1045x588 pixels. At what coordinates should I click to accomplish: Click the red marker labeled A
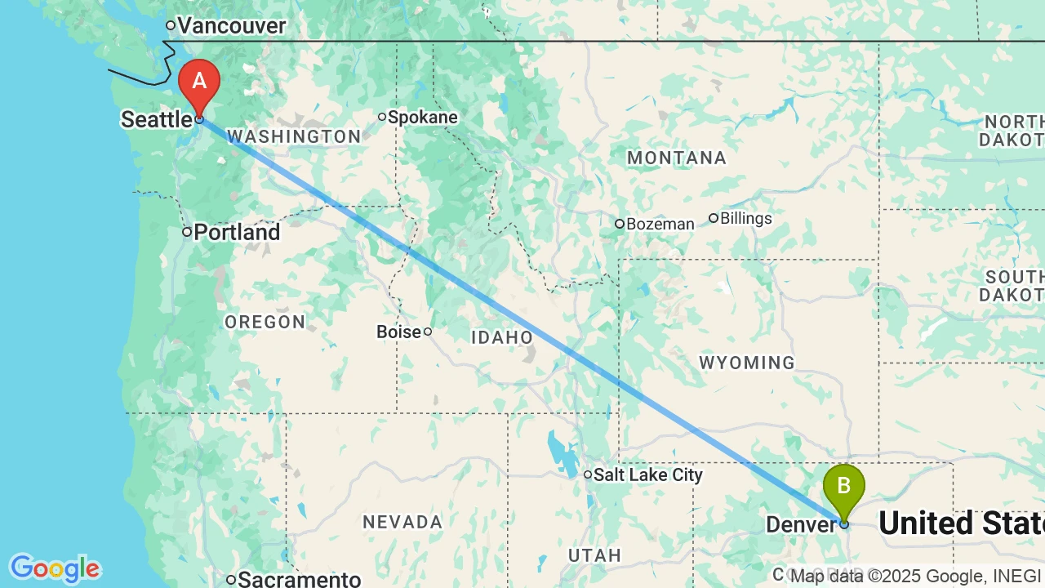[x=199, y=82]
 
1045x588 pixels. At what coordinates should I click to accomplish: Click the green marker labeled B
[x=843, y=487]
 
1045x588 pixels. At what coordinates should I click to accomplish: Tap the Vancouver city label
[x=231, y=26]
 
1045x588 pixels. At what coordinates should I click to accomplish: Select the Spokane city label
[x=422, y=118]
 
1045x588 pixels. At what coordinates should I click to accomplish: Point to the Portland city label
[x=236, y=233]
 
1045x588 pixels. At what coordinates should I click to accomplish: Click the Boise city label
[x=398, y=332]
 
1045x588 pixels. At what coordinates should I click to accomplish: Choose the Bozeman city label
[x=660, y=224]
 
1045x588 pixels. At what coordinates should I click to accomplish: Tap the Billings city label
[x=745, y=219]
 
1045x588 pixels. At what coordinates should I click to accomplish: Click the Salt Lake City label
[x=647, y=474]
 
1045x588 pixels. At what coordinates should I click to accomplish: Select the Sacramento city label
[x=299, y=580]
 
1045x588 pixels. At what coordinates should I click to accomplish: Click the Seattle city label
[x=157, y=120]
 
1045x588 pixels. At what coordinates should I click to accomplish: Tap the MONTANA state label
[x=677, y=158]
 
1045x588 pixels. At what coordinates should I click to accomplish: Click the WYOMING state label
[x=747, y=363]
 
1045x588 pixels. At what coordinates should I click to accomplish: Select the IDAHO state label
[x=502, y=337]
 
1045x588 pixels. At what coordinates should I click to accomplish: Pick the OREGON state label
[x=265, y=323]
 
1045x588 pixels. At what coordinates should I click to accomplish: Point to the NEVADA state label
[x=402, y=522]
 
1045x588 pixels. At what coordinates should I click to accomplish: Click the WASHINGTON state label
[x=294, y=136]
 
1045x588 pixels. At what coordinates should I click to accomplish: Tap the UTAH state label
[x=595, y=555]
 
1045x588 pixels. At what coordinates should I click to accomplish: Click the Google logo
[x=55, y=568]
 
